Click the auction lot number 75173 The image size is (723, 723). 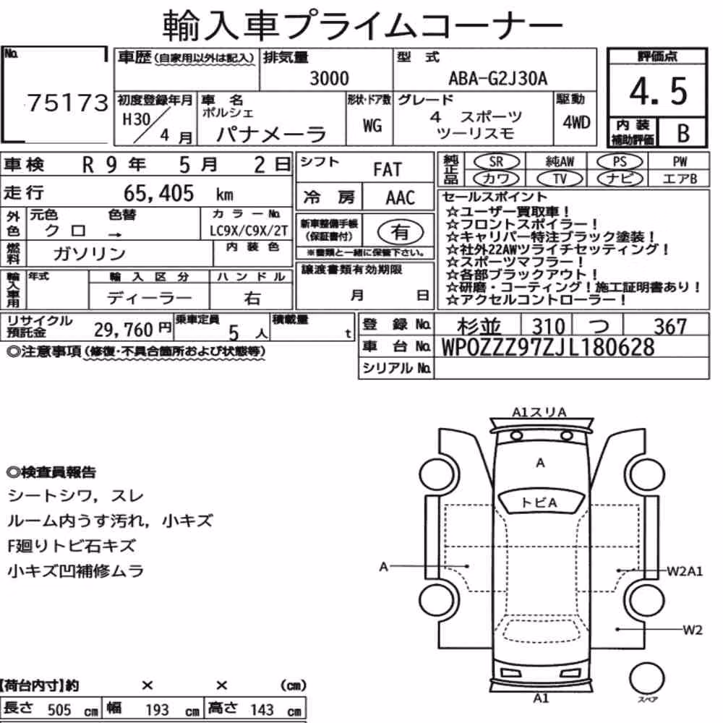(68, 103)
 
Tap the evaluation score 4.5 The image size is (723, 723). (658, 91)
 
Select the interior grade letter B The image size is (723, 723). (683, 133)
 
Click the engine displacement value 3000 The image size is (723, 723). (329, 78)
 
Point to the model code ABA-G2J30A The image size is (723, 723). (498, 78)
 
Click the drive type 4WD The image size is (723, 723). (576, 122)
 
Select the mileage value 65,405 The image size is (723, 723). (158, 193)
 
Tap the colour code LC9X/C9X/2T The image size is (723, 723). (249, 231)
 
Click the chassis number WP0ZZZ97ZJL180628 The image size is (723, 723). (548, 347)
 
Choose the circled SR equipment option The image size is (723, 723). (497, 162)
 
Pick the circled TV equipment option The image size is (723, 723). (560, 179)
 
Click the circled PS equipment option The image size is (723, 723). (620, 162)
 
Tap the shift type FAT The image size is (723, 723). (388, 170)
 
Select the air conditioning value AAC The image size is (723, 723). (401, 198)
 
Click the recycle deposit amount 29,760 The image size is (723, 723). (124, 330)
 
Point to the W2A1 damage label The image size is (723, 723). (685, 571)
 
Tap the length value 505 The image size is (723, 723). (59, 709)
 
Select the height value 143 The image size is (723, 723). (262, 709)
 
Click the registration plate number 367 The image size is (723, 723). (670, 327)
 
